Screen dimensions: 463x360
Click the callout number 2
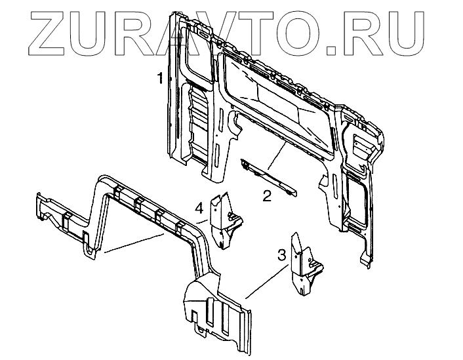pos(266,195)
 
